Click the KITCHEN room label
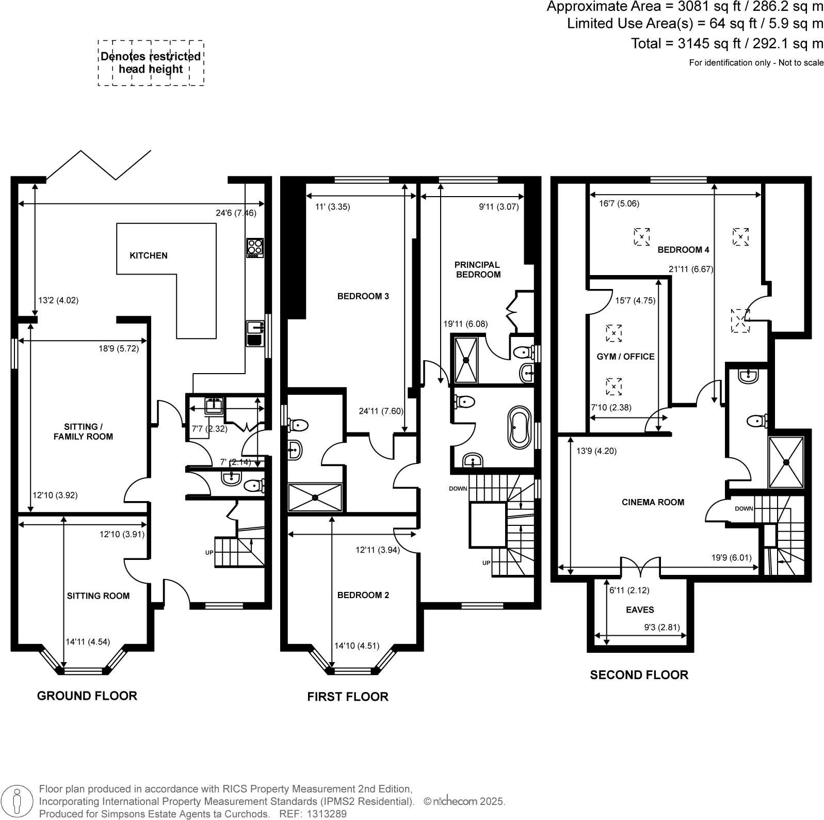click(x=148, y=255)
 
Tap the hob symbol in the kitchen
click(x=255, y=247)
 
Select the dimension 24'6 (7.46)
click(x=236, y=213)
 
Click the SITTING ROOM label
click(x=98, y=596)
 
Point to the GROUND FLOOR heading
click(x=87, y=696)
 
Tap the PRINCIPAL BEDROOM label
click(x=478, y=269)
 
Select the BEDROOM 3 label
click(x=363, y=296)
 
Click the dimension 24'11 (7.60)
click(x=381, y=411)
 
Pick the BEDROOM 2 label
click(x=363, y=595)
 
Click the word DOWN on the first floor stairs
click(x=458, y=488)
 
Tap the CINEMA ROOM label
click(x=653, y=502)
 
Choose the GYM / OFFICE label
click(x=625, y=357)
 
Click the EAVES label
click(x=640, y=609)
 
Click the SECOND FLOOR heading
click(x=639, y=675)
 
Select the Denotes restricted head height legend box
click(x=151, y=63)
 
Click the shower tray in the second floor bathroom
click(x=786, y=462)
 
